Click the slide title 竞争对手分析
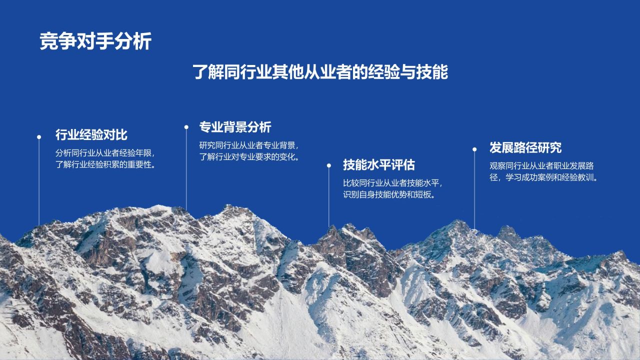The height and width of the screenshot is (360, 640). pos(95,41)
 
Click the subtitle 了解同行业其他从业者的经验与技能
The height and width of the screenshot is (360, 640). pos(320,71)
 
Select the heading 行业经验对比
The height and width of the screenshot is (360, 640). pos(91,134)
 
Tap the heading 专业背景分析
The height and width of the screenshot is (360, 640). pos(235,127)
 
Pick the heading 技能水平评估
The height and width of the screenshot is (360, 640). pos(379,165)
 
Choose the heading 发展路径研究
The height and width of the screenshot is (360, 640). pos(525,147)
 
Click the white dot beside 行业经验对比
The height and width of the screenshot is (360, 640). pos(39,137)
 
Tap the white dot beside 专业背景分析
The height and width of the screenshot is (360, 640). pos(186,127)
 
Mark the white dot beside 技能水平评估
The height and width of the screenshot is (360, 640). pos(329,165)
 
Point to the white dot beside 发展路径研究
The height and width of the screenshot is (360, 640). pos(474,149)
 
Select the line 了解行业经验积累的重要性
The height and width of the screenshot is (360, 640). pos(105,164)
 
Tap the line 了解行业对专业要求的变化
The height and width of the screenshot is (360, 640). pos(249,157)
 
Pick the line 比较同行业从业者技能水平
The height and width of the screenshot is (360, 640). pos(392,183)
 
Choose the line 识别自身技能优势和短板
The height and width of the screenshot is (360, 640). pos(389,194)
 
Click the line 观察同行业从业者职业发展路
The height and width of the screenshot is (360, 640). pos(541,165)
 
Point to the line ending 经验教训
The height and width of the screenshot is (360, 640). pos(543,177)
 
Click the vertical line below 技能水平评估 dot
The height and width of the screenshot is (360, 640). pos(329,197)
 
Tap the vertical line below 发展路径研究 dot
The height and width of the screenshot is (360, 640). pos(474,190)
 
